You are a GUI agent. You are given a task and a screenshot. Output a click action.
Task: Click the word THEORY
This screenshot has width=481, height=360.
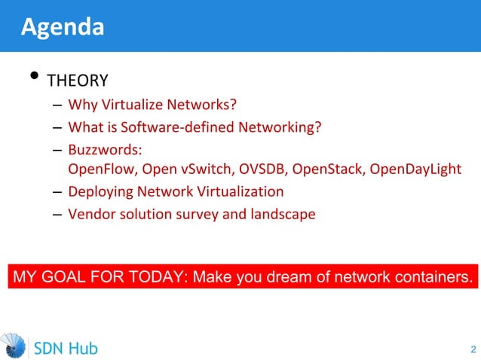[78, 81]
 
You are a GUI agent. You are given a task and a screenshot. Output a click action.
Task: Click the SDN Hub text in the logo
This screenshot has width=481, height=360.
[66, 348]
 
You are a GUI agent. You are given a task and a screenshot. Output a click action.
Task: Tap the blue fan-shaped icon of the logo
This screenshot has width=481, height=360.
[14, 346]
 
